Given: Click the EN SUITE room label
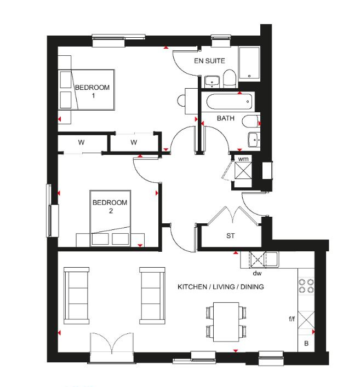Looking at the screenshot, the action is point(209,61).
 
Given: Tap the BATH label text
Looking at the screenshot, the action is point(225,118).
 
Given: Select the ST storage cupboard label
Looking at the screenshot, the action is point(230,236).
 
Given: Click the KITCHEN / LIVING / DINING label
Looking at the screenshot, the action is point(221,287).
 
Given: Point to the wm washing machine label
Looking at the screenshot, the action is point(243,159).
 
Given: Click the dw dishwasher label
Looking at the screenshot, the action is point(257,273).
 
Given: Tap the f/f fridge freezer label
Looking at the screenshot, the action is point(292,319).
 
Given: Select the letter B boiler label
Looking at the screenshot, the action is point(306,343).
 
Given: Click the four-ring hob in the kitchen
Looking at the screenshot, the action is point(306,286).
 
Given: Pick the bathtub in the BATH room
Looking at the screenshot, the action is point(229,101).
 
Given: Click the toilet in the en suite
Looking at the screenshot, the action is point(230,78).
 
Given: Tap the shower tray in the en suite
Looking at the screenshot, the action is point(249,63).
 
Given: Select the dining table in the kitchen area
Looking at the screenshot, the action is point(226,322).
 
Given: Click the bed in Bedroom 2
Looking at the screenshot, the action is point(110,218).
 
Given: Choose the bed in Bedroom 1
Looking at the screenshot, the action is point(87,90).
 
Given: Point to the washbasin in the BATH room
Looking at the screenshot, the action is point(254,140).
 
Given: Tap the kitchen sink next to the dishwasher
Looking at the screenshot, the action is point(272,259).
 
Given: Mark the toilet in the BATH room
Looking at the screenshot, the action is point(251,121).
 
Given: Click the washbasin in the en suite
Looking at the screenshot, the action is point(212,82).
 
